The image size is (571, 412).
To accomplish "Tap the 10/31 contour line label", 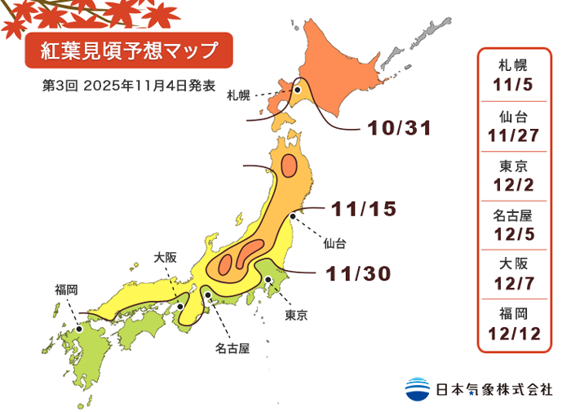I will pos(398,128).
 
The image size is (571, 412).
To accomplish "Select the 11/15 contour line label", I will pos(365,209).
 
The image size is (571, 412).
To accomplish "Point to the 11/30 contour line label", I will pos(359,273).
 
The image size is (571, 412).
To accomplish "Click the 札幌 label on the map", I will pos(239,95).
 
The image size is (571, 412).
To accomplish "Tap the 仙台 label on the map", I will pos(334,243).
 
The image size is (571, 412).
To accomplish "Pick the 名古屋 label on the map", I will pos(232,348).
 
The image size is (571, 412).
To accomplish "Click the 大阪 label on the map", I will pos(165,257).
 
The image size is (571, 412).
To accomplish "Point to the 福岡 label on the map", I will pos(66,289).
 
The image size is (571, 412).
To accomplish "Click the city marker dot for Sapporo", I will pos(299,91).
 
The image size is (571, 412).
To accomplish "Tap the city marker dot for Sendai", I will pos(293,216).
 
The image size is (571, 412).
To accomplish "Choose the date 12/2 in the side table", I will pos(516,184).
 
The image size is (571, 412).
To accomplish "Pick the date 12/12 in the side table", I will pos(516,333).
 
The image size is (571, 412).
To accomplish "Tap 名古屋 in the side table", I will pos(516,216).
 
